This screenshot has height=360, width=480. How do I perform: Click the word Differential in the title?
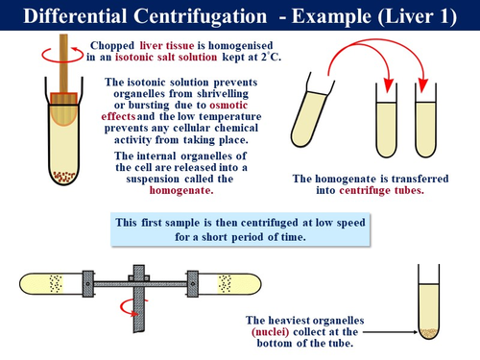[77, 16]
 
